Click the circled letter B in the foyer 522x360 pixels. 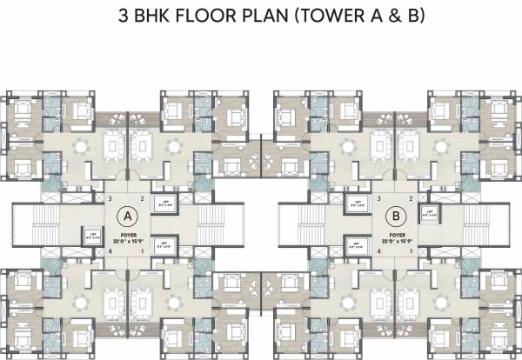click(397, 214)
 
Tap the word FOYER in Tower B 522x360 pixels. click(397, 233)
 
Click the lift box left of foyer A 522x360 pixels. click(90, 234)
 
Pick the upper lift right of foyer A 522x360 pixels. click(163, 205)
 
